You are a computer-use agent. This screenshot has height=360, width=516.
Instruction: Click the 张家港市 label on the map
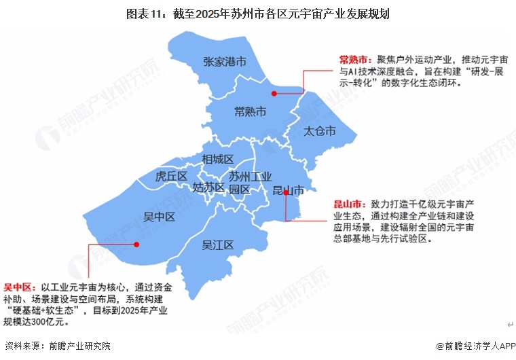point(224,62)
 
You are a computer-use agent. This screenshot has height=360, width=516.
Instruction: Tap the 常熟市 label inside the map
point(250,111)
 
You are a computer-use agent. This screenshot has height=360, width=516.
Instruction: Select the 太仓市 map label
point(320,130)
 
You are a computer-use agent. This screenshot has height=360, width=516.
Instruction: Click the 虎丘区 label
point(170,177)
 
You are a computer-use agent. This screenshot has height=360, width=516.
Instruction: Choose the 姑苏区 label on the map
point(208,187)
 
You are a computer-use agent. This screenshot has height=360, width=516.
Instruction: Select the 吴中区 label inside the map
point(160,217)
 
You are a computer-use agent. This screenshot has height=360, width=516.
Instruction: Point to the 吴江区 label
point(218,245)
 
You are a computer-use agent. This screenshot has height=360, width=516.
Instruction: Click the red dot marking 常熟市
point(274,94)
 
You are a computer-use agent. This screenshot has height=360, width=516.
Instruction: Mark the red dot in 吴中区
point(136,244)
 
